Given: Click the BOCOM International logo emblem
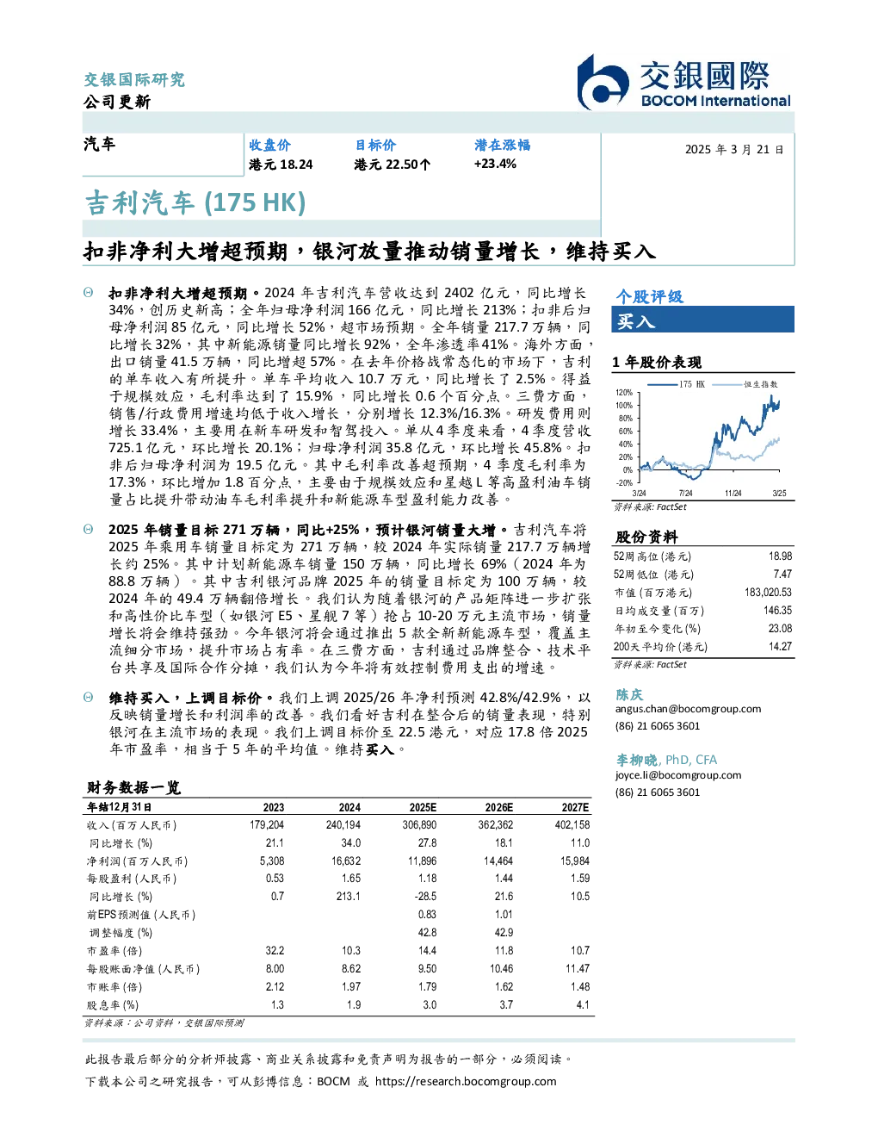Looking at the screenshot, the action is pos(603,82).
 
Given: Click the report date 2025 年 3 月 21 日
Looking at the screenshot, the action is pos(734,150).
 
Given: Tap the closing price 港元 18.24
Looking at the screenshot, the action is pos(281,165).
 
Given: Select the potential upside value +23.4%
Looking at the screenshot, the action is pos(495,164).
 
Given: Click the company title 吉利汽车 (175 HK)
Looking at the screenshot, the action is pos(195,202).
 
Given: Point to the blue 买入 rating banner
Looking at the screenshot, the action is pos(702,320).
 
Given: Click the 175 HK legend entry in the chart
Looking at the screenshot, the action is pos(677,384).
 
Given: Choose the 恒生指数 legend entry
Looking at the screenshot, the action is pos(745,384).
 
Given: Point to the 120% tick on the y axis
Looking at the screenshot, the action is pos(624,393).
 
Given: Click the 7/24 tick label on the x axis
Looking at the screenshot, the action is pos(685,493).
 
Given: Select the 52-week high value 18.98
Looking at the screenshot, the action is pos(780,556).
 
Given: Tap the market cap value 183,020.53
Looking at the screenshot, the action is pos(768,592).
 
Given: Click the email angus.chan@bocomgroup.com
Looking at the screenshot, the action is pos(688,708).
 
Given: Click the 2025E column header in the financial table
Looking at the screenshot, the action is pos(423,807).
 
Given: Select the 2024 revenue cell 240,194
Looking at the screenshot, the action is pos(343,824).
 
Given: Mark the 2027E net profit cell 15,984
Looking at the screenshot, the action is pos(575,861).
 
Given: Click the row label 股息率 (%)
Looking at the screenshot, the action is pos(113,1005).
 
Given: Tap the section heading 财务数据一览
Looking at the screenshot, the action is pos(133,787).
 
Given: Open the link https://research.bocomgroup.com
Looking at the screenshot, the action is pos(466,1081).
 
